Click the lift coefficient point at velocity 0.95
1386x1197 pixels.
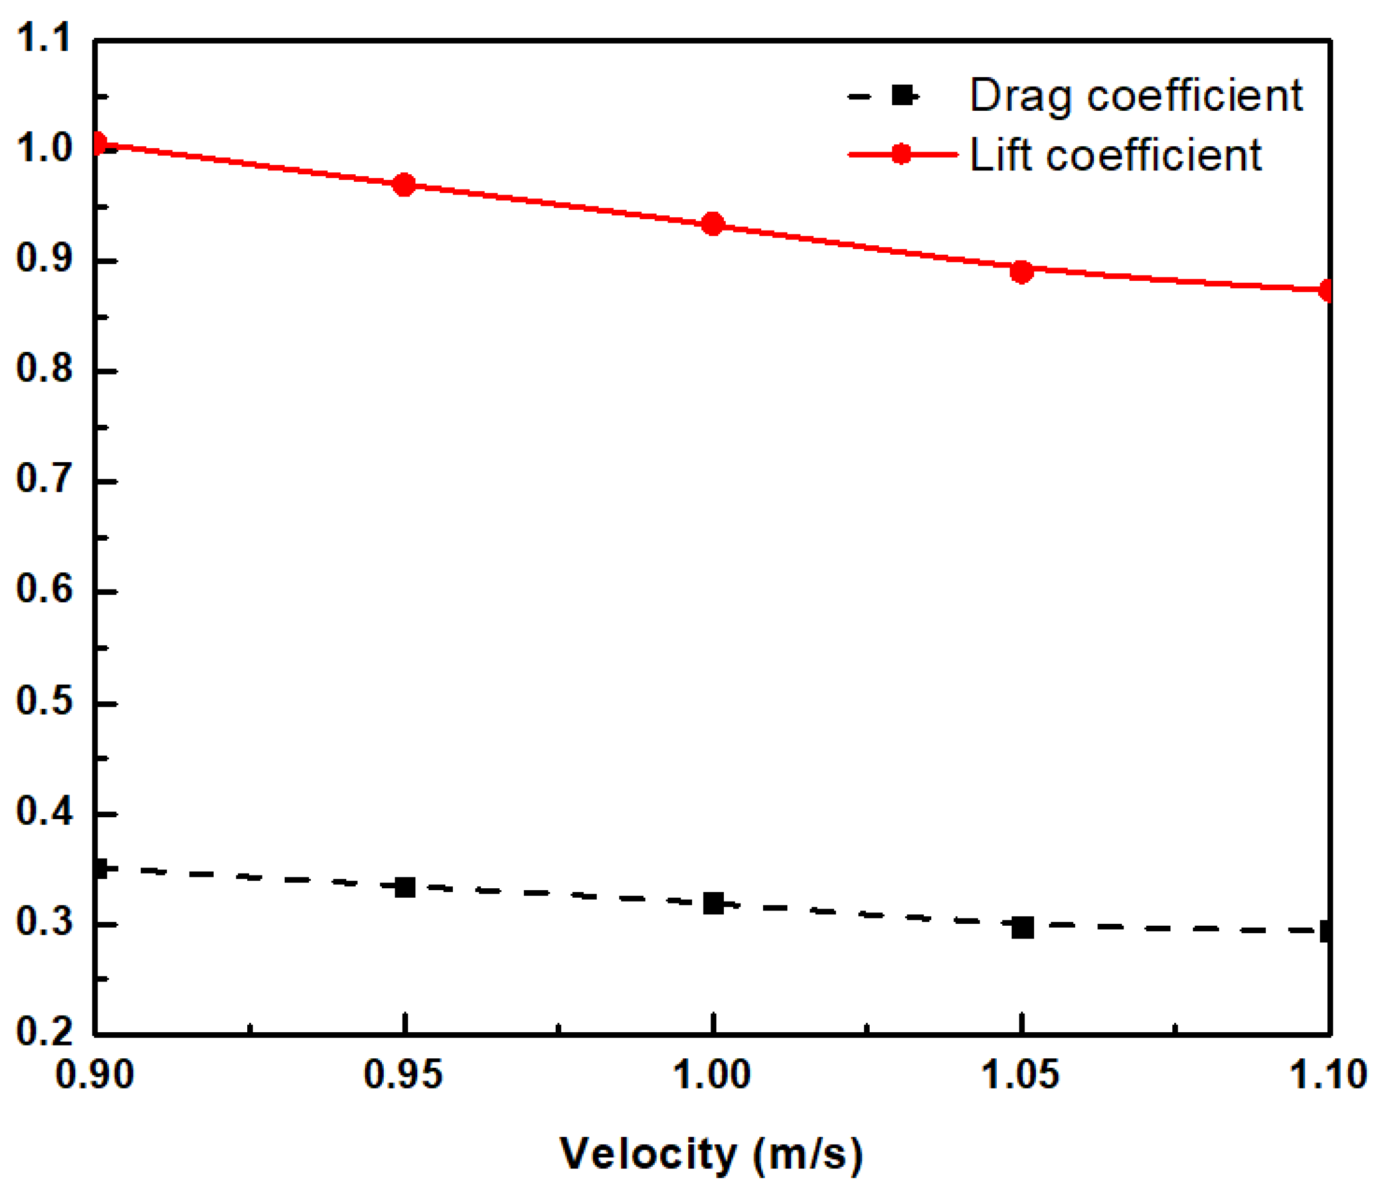click(x=404, y=185)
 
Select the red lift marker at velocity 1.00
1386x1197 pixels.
click(x=713, y=224)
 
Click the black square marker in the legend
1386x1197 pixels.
click(x=902, y=96)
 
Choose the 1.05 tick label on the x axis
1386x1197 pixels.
click(x=1020, y=1075)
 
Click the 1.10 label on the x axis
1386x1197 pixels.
click(x=1327, y=1075)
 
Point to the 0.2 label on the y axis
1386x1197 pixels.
click(x=44, y=1032)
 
